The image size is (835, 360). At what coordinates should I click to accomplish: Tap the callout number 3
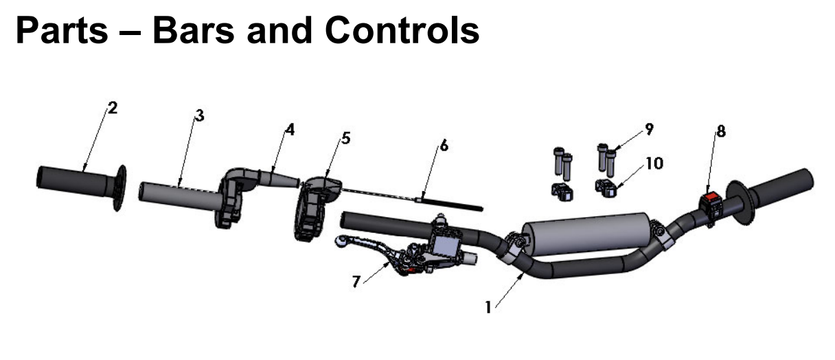click(199, 115)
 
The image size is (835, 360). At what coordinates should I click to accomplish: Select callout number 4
click(290, 129)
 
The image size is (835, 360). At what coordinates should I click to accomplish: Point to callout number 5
click(345, 138)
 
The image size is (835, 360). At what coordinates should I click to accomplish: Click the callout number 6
click(444, 146)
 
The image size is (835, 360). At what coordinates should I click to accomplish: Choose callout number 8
click(720, 131)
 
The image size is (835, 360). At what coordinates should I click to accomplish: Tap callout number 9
click(649, 128)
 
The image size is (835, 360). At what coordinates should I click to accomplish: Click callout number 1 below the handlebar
click(488, 308)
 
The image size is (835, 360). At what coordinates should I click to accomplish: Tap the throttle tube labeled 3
click(179, 193)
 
